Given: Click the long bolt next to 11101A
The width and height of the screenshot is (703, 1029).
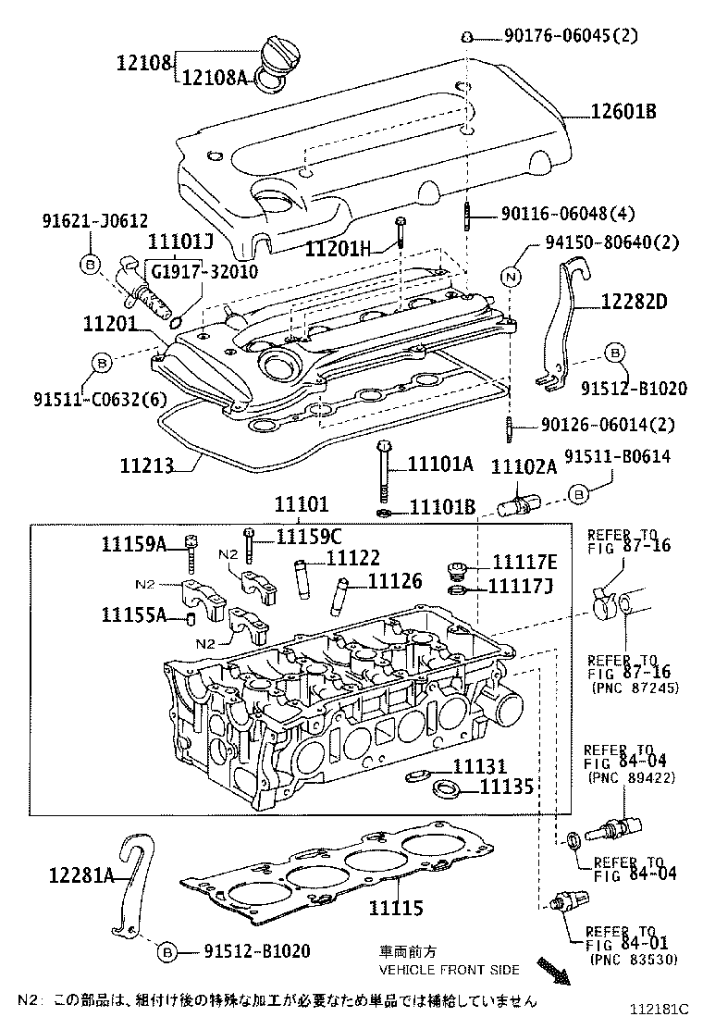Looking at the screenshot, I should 382,475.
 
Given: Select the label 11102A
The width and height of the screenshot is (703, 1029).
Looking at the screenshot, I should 523,466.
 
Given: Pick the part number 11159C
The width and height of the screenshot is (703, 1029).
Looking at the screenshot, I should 309,536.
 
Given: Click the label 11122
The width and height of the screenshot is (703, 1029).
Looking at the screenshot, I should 353,558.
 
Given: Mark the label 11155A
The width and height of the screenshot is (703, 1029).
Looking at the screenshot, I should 134,615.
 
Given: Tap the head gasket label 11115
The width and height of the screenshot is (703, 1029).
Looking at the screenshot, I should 396,908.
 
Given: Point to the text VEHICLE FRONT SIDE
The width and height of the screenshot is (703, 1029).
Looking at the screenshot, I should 449,970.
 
